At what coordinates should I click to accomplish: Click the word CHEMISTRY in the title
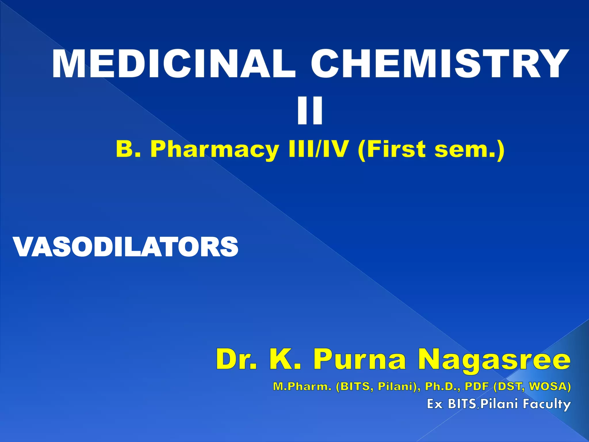pos(440,64)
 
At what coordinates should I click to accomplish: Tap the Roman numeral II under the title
pos(310,111)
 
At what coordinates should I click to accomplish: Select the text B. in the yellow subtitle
pos(128,149)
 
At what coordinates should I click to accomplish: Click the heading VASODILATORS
pos(126,247)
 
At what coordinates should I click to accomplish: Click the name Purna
pos(359,360)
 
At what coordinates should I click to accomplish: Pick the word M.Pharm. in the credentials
pos(302,386)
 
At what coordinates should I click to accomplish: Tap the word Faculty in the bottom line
pos(547,404)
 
